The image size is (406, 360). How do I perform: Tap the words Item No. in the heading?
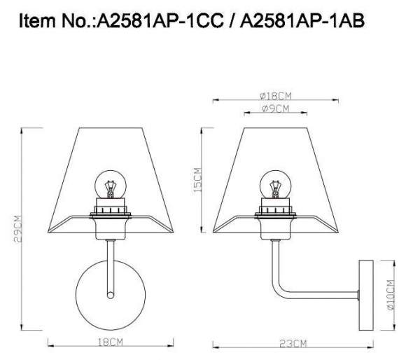(56, 22)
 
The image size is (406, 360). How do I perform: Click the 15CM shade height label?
(198, 180)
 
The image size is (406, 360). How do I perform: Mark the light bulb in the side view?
(274, 185)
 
